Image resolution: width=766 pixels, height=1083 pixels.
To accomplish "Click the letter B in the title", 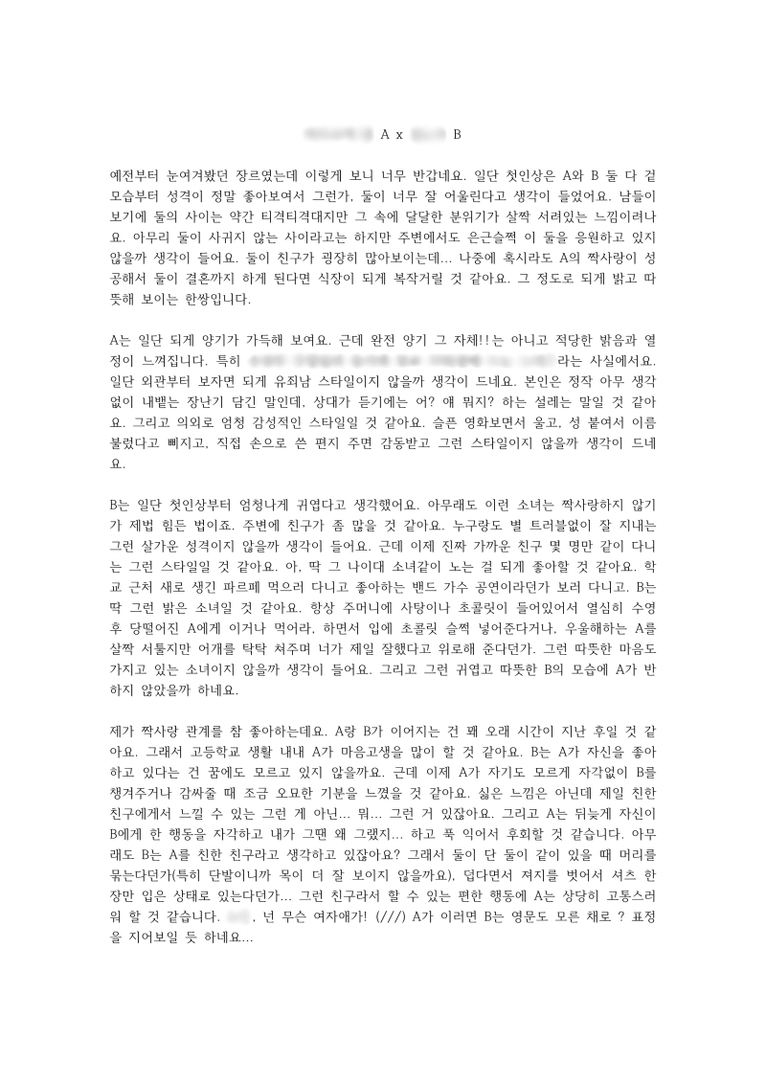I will pos(457,134).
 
